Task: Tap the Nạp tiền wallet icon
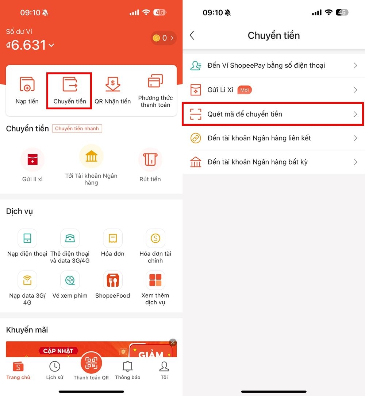pos(27,84)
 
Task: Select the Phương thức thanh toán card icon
pos(155,82)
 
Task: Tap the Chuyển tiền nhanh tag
pos(77,129)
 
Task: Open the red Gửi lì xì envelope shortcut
pos(32,159)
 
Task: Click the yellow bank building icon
pos(91,157)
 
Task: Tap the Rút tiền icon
pos(150,159)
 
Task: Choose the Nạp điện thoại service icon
pos(27,238)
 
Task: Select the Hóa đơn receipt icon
pos(113,238)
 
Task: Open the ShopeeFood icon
pos(113,280)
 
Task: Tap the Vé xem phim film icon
pos(70,280)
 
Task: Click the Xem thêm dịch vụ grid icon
pos(155,280)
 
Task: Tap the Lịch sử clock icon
pos(55,366)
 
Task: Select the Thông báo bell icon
pos(127,366)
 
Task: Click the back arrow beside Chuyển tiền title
pos(192,35)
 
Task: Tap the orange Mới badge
pos(245,90)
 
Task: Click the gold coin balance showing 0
pos(163,38)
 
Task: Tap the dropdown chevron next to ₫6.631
pos(51,45)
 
